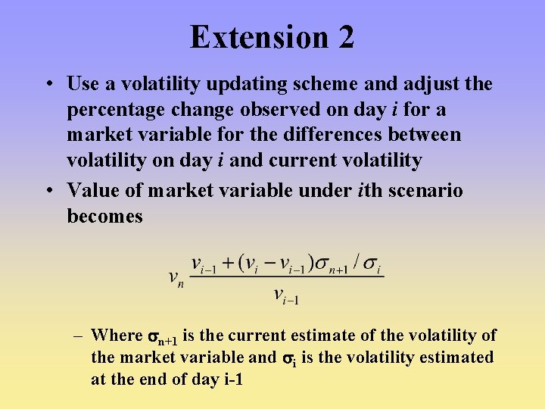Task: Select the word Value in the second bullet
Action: click(89, 190)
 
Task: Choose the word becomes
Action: click(104, 216)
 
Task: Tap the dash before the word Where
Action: click(78, 336)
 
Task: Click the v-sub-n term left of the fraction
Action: click(176, 279)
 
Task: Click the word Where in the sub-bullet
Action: click(117, 336)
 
